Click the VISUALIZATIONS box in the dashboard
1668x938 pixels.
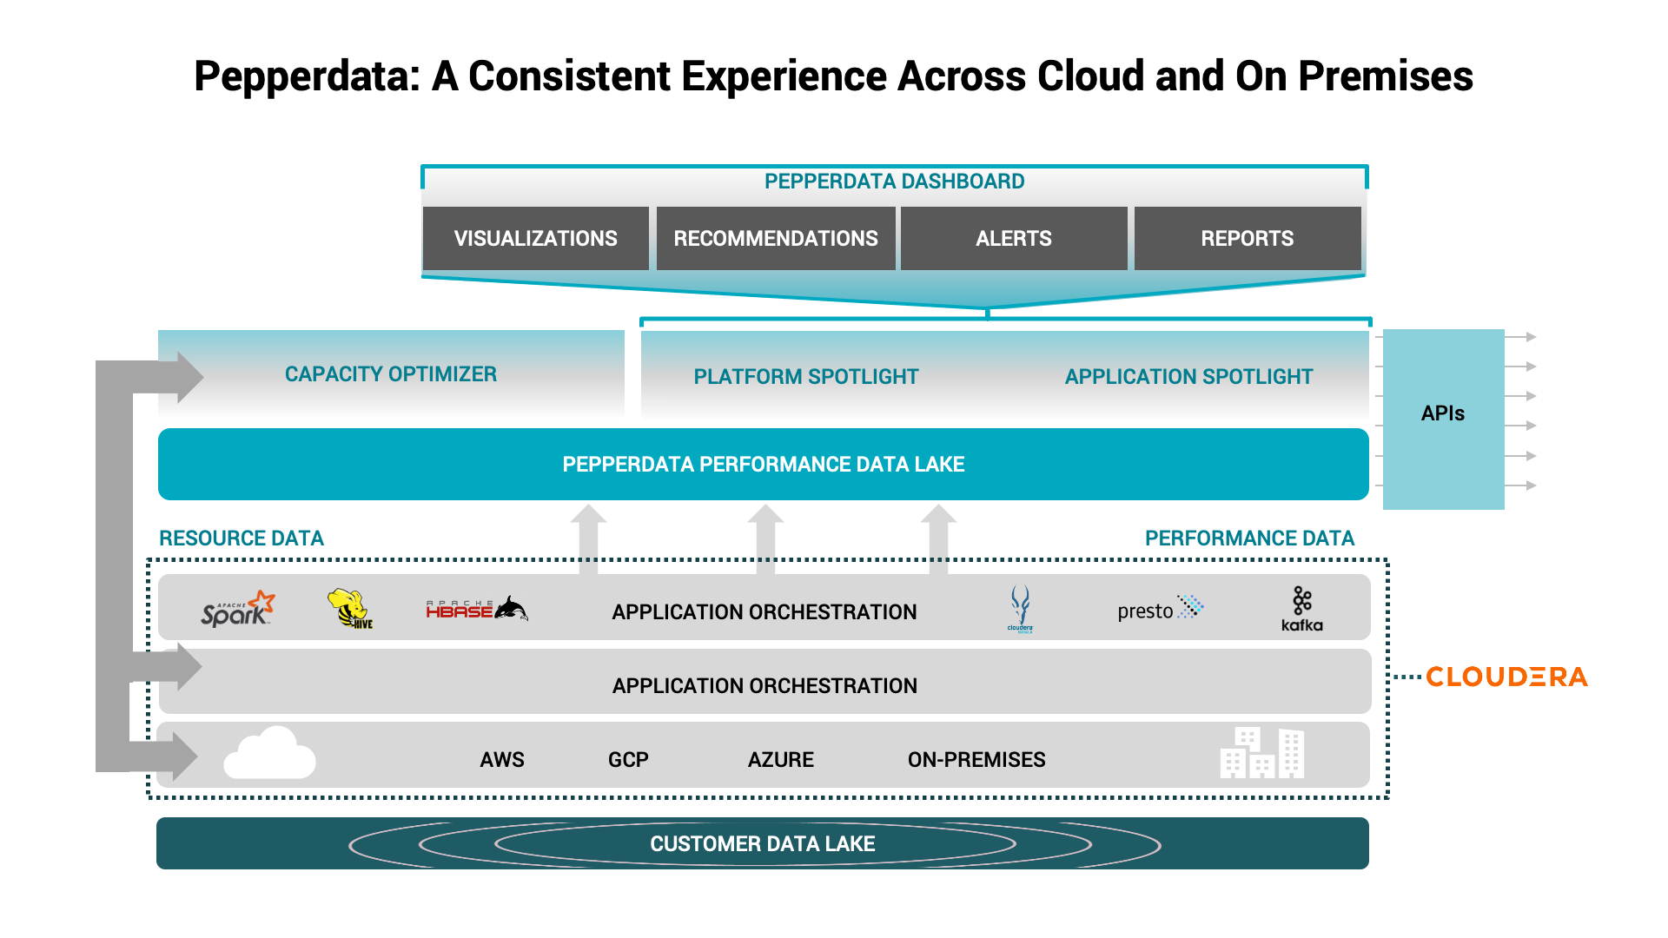pyautogui.click(x=535, y=239)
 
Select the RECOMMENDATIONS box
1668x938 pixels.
pyautogui.click(x=776, y=239)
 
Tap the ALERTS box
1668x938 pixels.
pyautogui.click(x=1013, y=239)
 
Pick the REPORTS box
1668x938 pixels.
pyautogui.click(x=1247, y=239)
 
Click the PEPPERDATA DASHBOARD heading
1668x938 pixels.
pyautogui.click(x=894, y=182)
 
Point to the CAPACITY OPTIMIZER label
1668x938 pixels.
pyautogui.click(x=390, y=374)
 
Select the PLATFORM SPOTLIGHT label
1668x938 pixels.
pyautogui.click(x=805, y=377)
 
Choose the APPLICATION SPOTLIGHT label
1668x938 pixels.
pyautogui.click(x=1188, y=377)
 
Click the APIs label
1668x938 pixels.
pyautogui.click(x=1442, y=413)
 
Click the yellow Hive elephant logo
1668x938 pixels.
pyautogui.click(x=349, y=608)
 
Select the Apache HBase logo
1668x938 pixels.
pyautogui.click(x=476, y=609)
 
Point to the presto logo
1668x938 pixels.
pyautogui.click(x=1160, y=609)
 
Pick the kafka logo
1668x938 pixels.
pyautogui.click(x=1301, y=609)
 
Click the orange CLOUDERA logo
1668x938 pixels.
pyautogui.click(x=1506, y=677)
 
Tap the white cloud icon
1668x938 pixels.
pyautogui.click(x=270, y=754)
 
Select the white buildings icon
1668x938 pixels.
pyautogui.click(x=1262, y=753)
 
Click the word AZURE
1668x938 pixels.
pyautogui.click(x=780, y=760)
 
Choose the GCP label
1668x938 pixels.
pyautogui.click(x=628, y=760)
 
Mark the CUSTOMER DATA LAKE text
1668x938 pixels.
pyautogui.click(x=762, y=844)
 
